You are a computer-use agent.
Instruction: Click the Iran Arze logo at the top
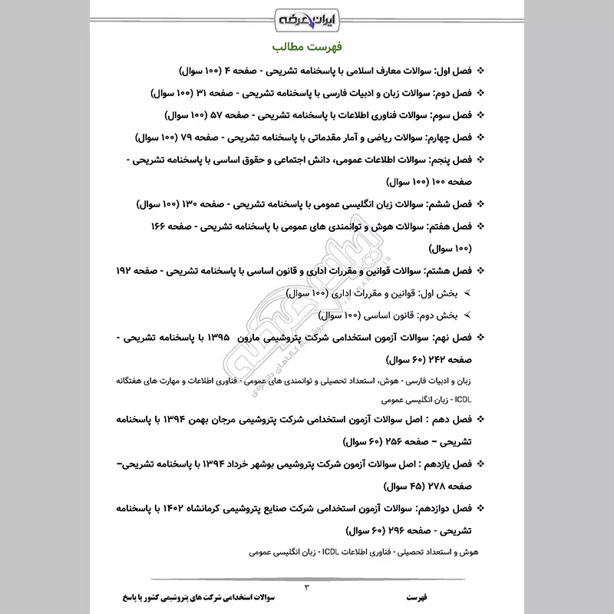point(306,15)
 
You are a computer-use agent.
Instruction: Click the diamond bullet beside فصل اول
point(480,71)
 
